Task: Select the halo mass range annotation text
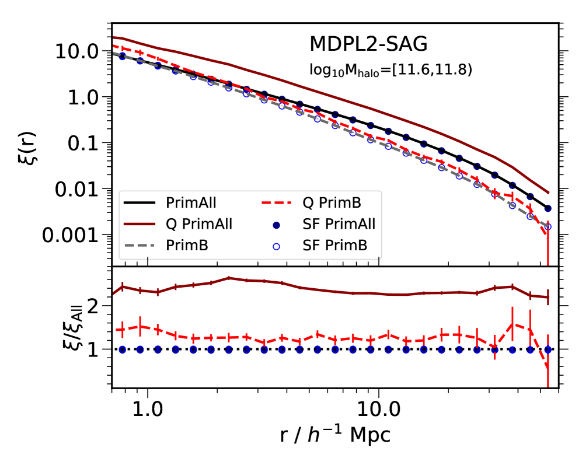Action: (390, 70)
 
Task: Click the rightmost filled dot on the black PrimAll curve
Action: (548, 208)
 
